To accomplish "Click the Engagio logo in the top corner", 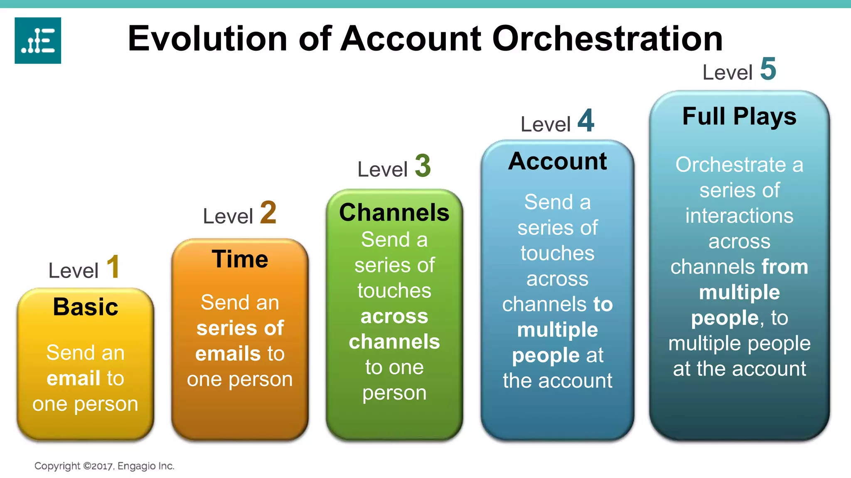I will tap(38, 40).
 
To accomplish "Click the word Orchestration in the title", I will tap(607, 39).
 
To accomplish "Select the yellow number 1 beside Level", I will tap(113, 267).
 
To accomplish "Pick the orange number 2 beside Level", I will tap(268, 212).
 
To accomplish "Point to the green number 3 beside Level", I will tap(423, 166).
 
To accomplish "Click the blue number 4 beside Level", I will tap(586, 121).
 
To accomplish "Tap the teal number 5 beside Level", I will tap(768, 69).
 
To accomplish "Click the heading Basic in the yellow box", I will tap(86, 307).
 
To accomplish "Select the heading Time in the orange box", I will tap(240, 259).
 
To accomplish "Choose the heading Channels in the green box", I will tap(394, 212).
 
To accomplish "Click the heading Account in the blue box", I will tap(557, 161).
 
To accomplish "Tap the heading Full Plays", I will tap(739, 116).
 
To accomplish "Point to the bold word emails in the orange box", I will tap(228, 354).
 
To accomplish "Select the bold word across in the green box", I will tap(394, 317).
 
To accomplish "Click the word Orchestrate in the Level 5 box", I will tap(730, 165).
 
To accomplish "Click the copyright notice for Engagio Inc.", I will tap(104, 466).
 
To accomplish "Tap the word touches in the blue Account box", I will tap(557, 253).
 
